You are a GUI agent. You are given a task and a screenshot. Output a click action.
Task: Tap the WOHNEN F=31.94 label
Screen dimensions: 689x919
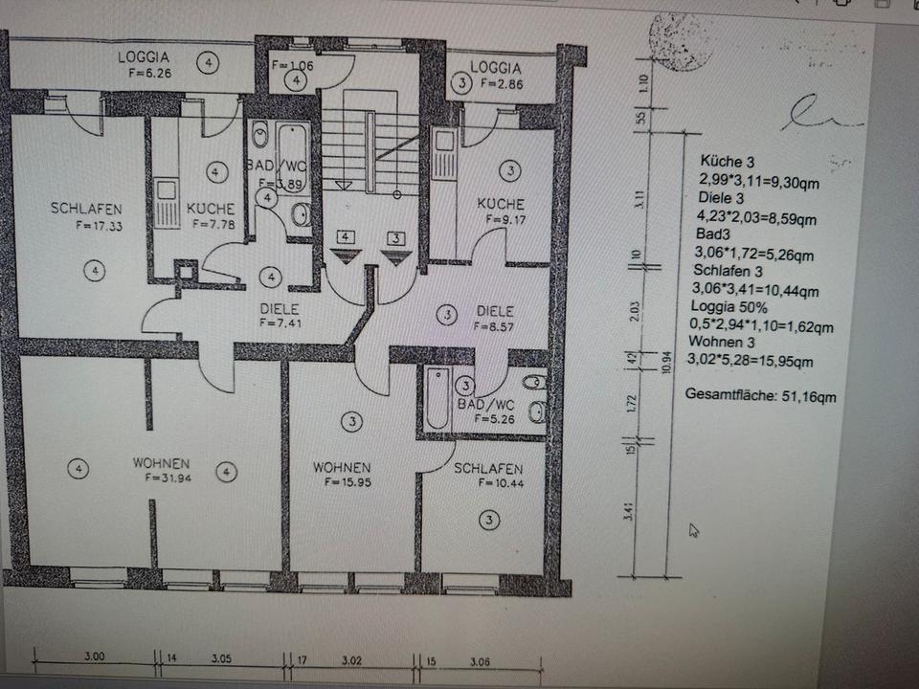pos(161,470)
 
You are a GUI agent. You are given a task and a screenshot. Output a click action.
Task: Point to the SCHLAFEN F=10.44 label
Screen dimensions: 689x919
pos(488,476)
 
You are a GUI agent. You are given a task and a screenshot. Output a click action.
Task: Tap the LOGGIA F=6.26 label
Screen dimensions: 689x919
pos(145,64)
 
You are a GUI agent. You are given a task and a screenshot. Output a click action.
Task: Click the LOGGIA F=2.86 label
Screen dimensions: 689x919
pos(496,76)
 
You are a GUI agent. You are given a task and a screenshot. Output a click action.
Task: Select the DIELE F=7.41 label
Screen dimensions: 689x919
pos(280,316)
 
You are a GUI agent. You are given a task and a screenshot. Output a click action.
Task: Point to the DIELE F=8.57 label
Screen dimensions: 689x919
pos(494,318)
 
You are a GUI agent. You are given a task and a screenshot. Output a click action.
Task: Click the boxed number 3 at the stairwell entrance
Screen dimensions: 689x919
pos(393,236)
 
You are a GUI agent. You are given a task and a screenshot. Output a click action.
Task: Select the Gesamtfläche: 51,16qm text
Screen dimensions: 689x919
pos(762,392)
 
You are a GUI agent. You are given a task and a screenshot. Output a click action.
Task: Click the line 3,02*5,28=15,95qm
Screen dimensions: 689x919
pos(751,361)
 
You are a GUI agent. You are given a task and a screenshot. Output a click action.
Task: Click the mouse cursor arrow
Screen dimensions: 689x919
pos(694,529)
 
